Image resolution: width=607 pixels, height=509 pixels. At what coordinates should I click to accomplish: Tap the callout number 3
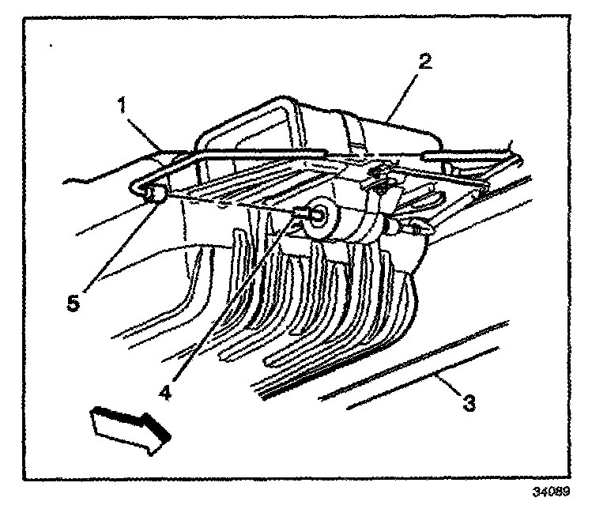(469, 404)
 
